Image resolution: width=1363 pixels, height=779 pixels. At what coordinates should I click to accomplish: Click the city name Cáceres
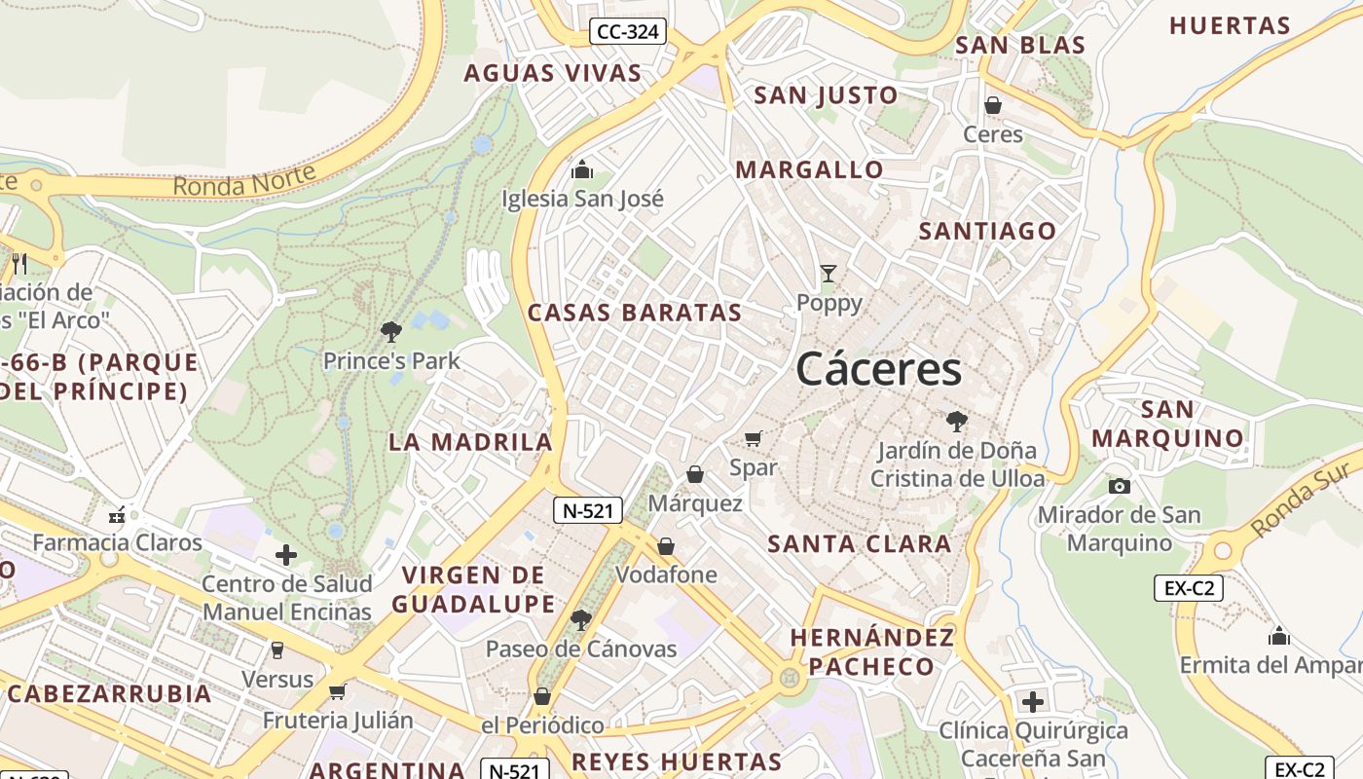coord(878,370)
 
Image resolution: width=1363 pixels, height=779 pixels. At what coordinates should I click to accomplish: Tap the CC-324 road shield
coord(628,32)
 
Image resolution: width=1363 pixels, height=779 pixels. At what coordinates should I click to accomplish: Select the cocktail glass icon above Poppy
coord(828,274)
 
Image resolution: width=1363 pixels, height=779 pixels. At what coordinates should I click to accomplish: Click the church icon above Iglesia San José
coord(582,169)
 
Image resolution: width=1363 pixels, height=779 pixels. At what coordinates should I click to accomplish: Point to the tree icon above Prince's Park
coord(391,332)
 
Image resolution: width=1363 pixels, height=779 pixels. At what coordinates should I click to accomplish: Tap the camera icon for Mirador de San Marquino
coord(1120,486)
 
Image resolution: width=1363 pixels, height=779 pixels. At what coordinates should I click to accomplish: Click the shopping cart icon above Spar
coord(753,439)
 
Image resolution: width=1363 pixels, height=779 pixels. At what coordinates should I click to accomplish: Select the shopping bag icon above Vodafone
coord(666,546)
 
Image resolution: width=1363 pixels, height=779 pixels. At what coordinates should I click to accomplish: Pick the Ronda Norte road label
coord(244,179)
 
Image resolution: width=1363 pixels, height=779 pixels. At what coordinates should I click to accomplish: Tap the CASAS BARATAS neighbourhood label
coord(635,313)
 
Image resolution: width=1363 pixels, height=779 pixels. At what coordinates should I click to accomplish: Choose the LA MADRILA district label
coord(470,442)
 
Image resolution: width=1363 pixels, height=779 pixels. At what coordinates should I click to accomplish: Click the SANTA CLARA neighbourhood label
coord(860,544)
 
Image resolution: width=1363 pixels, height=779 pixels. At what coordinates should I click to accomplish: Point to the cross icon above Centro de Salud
coord(286,555)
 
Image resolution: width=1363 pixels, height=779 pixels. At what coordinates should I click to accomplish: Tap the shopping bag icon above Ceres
coord(993,105)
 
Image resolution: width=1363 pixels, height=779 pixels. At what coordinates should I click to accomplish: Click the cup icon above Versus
coord(277,649)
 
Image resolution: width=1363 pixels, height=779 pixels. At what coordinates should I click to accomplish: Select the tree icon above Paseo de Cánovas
coord(581,619)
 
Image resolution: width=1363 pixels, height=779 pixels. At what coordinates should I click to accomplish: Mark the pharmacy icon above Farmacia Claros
coord(118,515)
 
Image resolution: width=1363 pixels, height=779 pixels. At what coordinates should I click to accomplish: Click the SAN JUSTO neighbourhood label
coord(826,95)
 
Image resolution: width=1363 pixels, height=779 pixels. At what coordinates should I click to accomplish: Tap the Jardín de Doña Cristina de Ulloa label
coord(957,465)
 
